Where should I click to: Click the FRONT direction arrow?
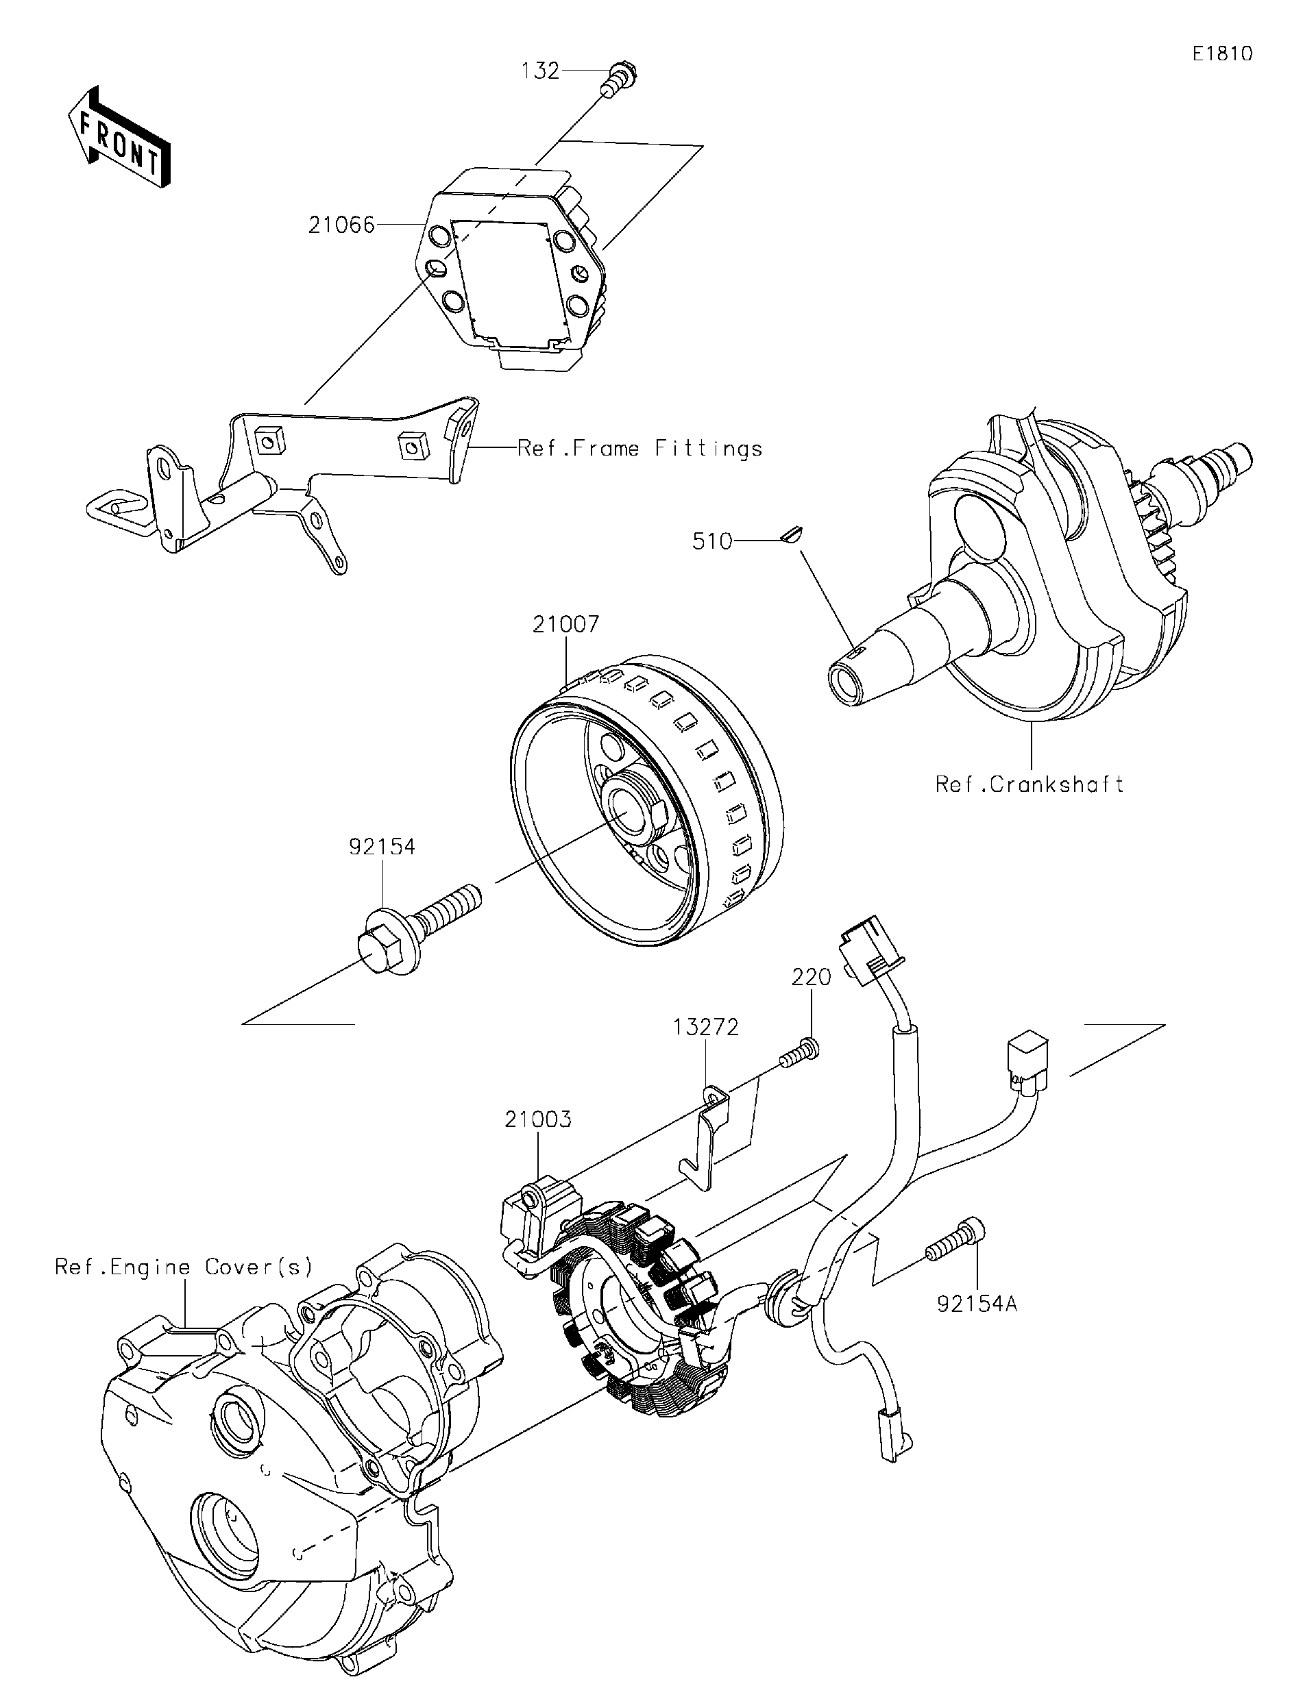[119, 145]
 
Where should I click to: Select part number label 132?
[540, 71]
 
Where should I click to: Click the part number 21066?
[341, 225]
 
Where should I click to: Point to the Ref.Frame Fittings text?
[639, 449]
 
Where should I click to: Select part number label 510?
[712, 541]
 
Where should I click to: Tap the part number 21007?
[565, 624]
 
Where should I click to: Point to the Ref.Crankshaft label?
[1029, 784]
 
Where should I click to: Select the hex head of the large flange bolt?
[378, 952]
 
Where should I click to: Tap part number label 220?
[812, 977]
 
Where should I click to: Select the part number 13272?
[705, 1028]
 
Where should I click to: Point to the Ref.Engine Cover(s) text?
[184, 1267]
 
